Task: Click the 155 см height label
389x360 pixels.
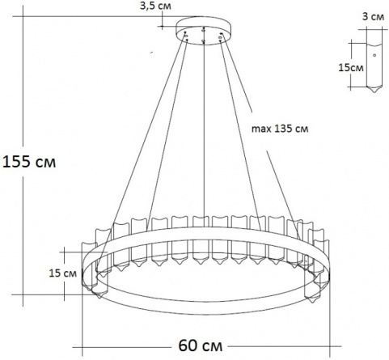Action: click(29, 162)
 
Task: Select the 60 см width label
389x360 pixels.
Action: click(201, 345)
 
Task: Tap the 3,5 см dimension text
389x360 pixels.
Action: click(155, 6)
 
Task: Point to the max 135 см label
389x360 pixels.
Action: click(280, 129)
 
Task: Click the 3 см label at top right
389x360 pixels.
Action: click(373, 17)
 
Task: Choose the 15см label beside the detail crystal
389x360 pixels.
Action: click(351, 67)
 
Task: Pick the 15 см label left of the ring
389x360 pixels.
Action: click(63, 273)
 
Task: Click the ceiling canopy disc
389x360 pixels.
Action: click(204, 30)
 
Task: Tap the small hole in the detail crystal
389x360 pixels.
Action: click(374, 55)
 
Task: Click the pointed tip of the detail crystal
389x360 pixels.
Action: click(374, 92)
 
